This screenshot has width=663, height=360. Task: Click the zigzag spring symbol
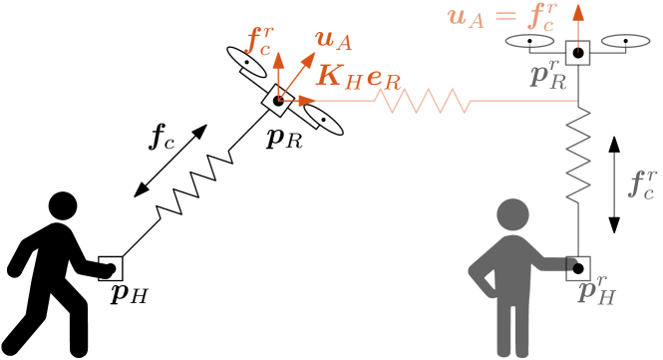point(423,101)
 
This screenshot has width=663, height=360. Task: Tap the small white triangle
point(491,279)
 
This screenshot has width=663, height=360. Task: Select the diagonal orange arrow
point(296,76)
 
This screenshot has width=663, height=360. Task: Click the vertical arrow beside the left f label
point(278,75)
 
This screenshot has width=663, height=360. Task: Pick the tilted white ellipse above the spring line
point(246,62)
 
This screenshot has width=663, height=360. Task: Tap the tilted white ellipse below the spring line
point(323,120)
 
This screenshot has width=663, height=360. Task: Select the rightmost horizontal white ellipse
point(625,41)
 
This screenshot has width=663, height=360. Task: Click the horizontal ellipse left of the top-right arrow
point(529,41)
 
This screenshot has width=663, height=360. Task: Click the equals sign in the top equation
point(505,16)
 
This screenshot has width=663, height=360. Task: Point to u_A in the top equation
point(466,17)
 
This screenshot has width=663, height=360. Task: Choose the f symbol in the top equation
point(541,16)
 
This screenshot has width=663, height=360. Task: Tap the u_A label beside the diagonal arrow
point(333,40)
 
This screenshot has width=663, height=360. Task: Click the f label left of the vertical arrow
point(259,40)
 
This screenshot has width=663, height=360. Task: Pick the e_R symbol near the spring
point(384,77)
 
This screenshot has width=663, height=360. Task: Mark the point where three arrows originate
point(279,100)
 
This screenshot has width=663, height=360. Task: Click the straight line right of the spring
point(523,101)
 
